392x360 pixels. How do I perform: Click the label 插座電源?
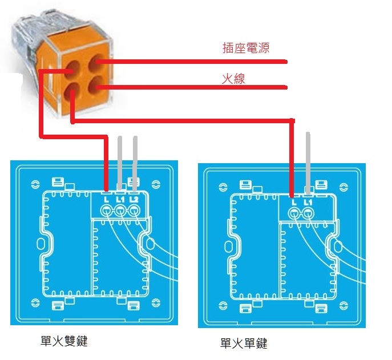tap(246, 48)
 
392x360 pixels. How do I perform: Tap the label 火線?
tap(233, 79)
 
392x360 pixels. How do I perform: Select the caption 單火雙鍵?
tap(64, 341)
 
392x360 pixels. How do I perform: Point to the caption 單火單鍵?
tap(244, 343)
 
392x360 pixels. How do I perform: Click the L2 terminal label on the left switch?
tap(134, 199)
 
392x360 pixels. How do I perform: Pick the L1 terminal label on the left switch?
tap(120, 199)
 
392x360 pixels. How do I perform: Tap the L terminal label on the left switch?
tap(107, 199)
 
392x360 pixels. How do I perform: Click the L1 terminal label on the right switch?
tap(308, 202)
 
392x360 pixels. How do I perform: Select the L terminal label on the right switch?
tap(294, 202)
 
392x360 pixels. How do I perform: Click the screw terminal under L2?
tap(134, 211)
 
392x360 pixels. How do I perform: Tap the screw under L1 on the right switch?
tap(308, 214)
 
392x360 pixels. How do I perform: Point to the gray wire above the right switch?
tap(308, 164)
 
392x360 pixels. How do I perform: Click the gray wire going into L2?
tap(135, 164)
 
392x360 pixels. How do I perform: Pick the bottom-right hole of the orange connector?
tap(96, 85)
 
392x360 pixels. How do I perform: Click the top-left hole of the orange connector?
tap(72, 70)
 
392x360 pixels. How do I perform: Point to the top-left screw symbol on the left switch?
tap(35, 184)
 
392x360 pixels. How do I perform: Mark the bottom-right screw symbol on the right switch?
tap(343, 305)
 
